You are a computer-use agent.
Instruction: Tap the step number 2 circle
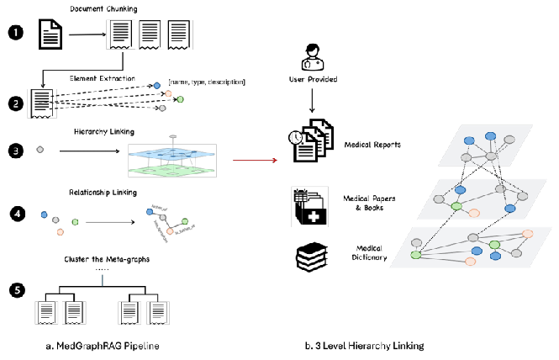(13, 104)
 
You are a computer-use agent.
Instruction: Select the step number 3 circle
(13, 151)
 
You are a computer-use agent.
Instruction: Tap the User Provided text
(312, 80)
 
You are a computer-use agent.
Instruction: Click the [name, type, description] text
(207, 82)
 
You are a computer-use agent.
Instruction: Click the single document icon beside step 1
(52, 34)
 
